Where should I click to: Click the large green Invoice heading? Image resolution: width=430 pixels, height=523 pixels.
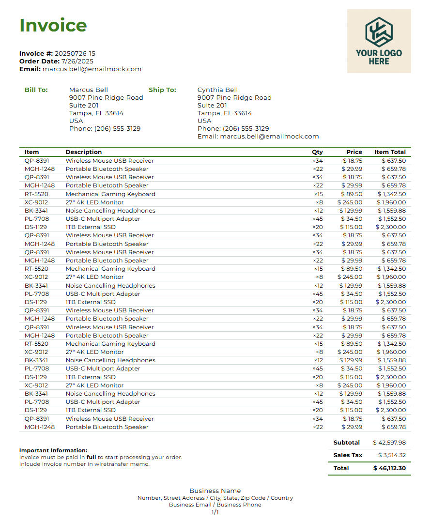point(53,25)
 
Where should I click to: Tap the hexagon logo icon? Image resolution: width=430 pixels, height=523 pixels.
point(379,32)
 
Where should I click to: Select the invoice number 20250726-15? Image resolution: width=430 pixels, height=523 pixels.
point(75,54)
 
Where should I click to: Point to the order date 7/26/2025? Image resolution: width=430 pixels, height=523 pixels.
point(77,62)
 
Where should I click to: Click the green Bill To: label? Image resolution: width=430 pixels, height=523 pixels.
point(36,90)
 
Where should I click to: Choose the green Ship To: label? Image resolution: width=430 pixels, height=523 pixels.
point(162,90)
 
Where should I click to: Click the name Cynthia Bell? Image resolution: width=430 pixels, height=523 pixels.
point(217,90)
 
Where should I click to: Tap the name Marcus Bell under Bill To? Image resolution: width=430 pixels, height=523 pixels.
point(89,90)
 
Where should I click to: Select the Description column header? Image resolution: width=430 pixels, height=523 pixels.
point(84,152)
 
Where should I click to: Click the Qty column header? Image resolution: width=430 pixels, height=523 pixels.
point(317,152)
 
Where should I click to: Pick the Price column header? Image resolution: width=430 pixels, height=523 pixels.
point(354,152)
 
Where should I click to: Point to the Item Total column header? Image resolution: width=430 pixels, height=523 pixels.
point(390,152)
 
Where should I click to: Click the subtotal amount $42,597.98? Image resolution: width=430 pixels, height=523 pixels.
point(389,443)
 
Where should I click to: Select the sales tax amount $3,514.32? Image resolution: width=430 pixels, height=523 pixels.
point(392,455)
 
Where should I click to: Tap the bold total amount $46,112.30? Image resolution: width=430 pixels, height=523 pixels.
point(389,468)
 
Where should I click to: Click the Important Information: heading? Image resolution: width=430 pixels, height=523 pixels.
point(53,450)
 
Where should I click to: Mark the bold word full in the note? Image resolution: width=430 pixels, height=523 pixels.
point(91,457)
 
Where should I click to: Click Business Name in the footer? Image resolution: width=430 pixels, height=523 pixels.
point(215,491)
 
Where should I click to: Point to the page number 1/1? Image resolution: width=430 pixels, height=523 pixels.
point(215,512)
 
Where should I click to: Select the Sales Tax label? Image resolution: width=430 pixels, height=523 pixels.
point(348,455)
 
